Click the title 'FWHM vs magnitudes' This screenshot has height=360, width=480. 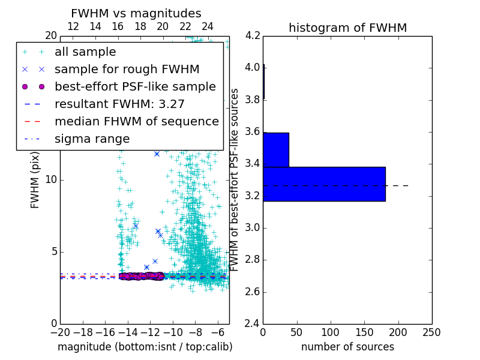pos(136,14)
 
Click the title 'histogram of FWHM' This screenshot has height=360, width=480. pos(347,28)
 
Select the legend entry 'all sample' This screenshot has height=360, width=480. pos(85,52)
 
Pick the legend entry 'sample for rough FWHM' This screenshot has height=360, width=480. pos(127,70)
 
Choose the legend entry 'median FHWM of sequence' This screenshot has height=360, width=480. pos(136,122)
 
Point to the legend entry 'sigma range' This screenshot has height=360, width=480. pos(92,139)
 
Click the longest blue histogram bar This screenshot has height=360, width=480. pos(324,184)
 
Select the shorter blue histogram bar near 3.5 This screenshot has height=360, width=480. pos(276,149)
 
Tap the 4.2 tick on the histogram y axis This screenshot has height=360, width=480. pos(253,35)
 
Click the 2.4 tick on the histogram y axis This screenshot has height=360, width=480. pos(253,324)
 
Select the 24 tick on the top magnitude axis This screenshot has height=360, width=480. pos(207,27)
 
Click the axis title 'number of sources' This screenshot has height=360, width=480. pos(347,347)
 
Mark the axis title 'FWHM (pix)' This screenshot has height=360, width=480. pos(35,180)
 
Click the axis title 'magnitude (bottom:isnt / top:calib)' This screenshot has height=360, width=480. pos(145,347)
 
